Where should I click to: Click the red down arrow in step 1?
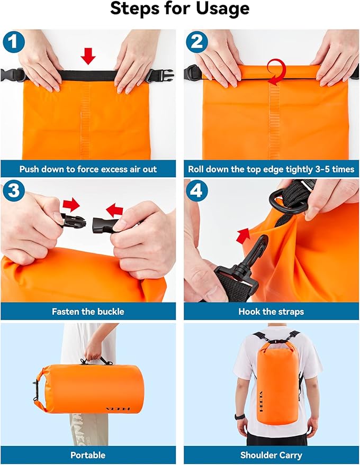[x=89, y=56]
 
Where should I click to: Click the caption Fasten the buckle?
[x=88, y=312]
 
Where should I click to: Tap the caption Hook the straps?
[x=271, y=312]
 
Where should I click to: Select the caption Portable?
[x=88, y=455]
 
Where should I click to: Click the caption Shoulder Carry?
[x=271, y=455]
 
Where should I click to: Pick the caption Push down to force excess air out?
[x=88, y=170]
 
